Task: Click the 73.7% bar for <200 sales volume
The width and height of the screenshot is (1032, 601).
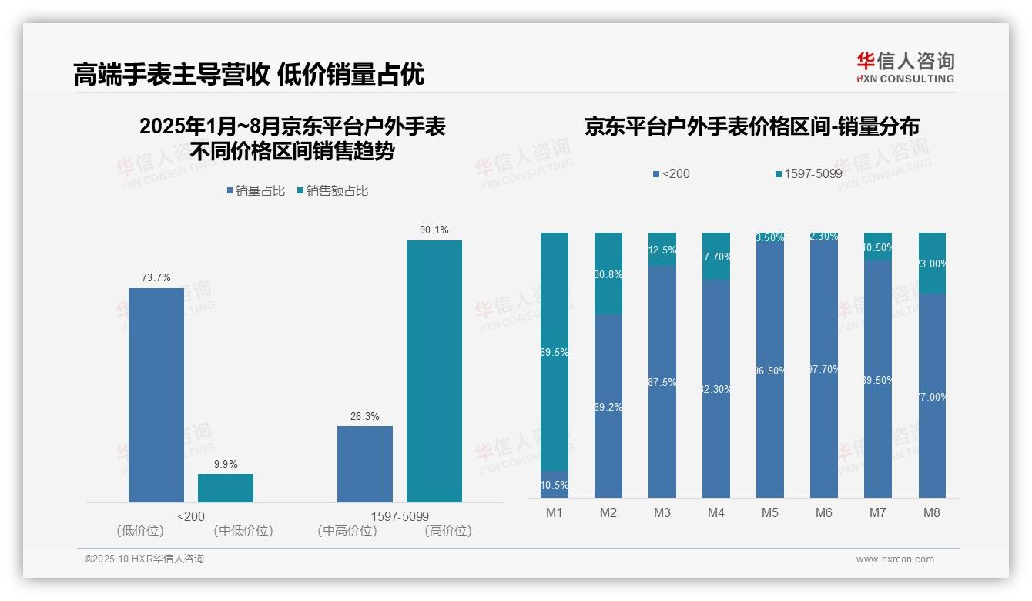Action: pos(156,395)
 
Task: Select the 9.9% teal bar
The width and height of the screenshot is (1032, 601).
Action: pos(226,488)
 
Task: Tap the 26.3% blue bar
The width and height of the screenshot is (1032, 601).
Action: pos(365,464)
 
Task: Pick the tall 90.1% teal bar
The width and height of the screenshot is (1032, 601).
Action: pos(434,371)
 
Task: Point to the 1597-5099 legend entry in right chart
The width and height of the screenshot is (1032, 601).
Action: pos(808,174)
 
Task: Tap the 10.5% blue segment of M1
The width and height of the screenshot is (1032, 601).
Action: pos(555,485)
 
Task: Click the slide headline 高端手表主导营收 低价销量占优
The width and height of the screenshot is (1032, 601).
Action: pos(249,74)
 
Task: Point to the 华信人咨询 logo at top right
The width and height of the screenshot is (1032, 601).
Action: pos(905,67)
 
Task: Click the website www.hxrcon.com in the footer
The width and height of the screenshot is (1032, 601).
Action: pos(895,559)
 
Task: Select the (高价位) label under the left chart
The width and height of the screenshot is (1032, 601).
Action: pos(448,531)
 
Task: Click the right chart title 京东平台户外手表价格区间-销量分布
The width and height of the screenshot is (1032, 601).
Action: pos(752,127)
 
